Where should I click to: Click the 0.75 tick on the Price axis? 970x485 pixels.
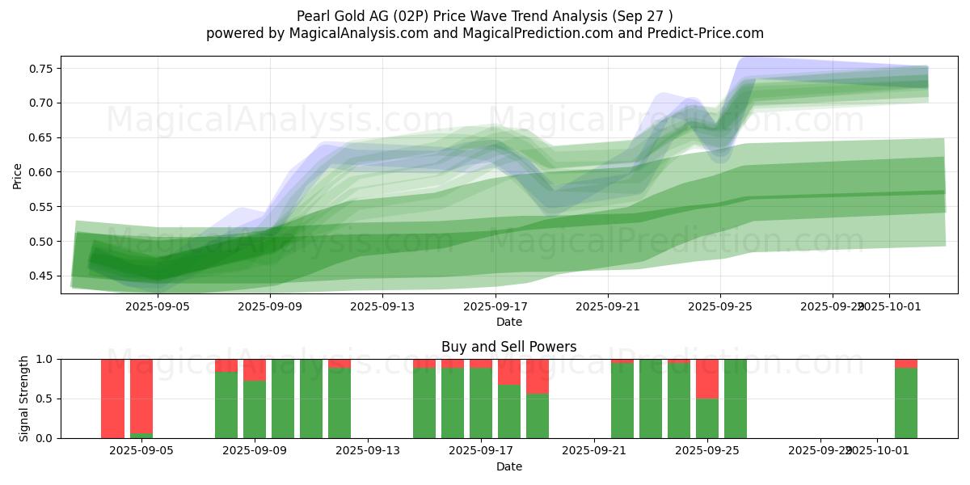(x=40, y=69)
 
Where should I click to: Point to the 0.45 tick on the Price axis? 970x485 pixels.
(x=40, y=276)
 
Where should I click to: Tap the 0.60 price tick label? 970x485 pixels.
(x=40, y=172)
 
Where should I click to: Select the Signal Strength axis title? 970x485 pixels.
(x=24, y=398)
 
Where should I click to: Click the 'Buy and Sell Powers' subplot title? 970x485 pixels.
(x=508, y=347)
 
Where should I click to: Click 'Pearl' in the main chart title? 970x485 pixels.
(x=315, y=15)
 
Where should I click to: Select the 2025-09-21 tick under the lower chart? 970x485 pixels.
(x=594, y=451)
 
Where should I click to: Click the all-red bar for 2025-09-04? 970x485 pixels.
(x=112, y=398)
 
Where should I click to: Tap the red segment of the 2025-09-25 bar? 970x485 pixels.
(x=707, y=378)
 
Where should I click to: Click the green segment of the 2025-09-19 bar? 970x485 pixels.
(x=538, y=415)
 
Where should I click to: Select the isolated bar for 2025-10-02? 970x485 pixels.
(x=905, y=403)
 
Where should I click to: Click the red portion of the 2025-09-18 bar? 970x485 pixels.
(x=509, y=372)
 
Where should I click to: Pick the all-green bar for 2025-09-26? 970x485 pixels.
(x=736, y=398)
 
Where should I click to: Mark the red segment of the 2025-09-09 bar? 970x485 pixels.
(x=255, y=369)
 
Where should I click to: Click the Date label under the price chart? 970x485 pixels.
(x=508, y=322)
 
